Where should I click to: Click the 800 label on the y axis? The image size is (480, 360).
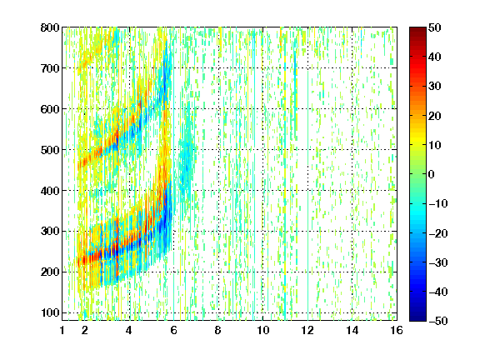[x=50, y=27]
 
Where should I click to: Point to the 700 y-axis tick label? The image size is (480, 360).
[x=50, y=68]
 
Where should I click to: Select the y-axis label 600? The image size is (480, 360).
[x=50, y=109]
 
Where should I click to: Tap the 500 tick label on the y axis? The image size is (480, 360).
[x=50, y=150]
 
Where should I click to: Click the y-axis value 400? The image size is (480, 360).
[x=50, y=191]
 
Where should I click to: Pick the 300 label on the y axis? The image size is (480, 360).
[x=50, y=232]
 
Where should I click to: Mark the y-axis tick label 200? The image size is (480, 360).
[x=50, y=272]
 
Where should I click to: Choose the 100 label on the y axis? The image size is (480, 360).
[x=50, y=312]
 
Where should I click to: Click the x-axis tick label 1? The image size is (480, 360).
[x=62, y=330]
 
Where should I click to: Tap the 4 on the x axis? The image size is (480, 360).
[x=129, y=330]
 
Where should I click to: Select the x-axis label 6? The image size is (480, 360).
[x=173, y=330]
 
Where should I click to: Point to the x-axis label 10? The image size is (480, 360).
[x=263, y=330]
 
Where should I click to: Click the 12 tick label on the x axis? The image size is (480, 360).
[x=307, y=330]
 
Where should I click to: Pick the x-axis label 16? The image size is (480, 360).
[x=397, y=330]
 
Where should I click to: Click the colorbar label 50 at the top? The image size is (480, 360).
[x=435, y=27]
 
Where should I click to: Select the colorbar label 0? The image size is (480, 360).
[x=432, y=174]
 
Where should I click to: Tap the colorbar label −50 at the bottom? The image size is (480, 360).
[x=438, y=321]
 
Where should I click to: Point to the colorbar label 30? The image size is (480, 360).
[x=435, y=87]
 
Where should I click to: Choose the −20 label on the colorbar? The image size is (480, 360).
[x=438, y=233]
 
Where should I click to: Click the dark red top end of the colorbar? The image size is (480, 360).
[x=417, y=29]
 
